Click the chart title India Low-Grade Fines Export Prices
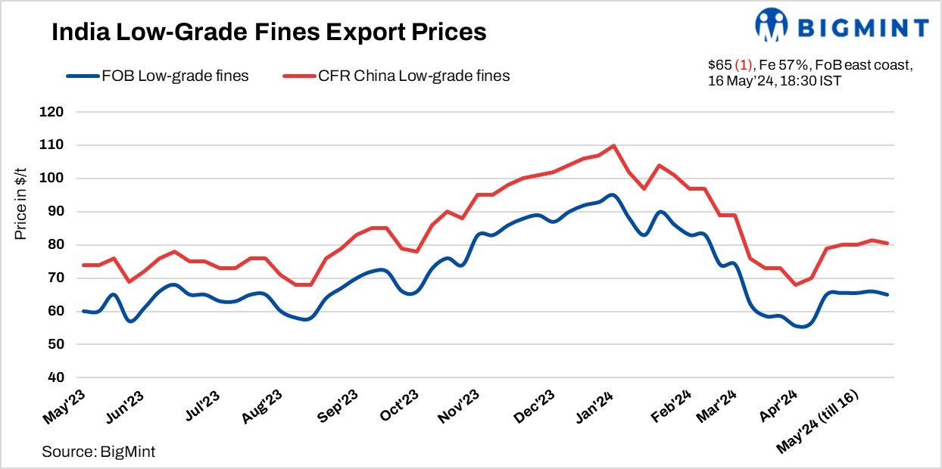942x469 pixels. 267,33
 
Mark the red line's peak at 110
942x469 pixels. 613,145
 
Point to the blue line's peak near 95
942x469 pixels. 612,194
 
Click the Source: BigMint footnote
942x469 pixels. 98,452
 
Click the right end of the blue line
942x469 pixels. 887,294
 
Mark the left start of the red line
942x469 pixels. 83,265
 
